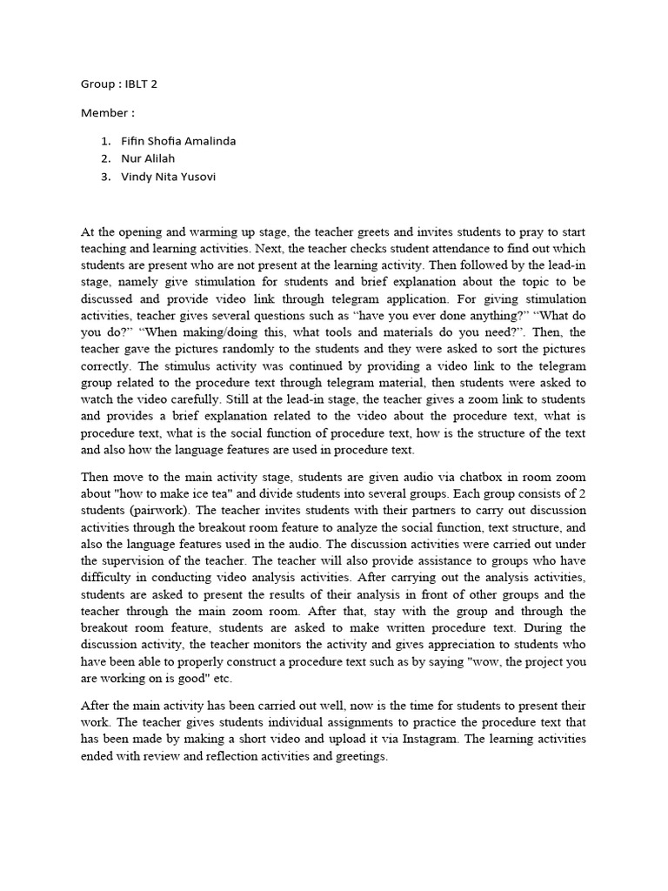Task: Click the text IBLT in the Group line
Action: tap(137, 84)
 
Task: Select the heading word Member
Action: tap(104, 113)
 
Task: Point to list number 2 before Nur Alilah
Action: tap(105, 159)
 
